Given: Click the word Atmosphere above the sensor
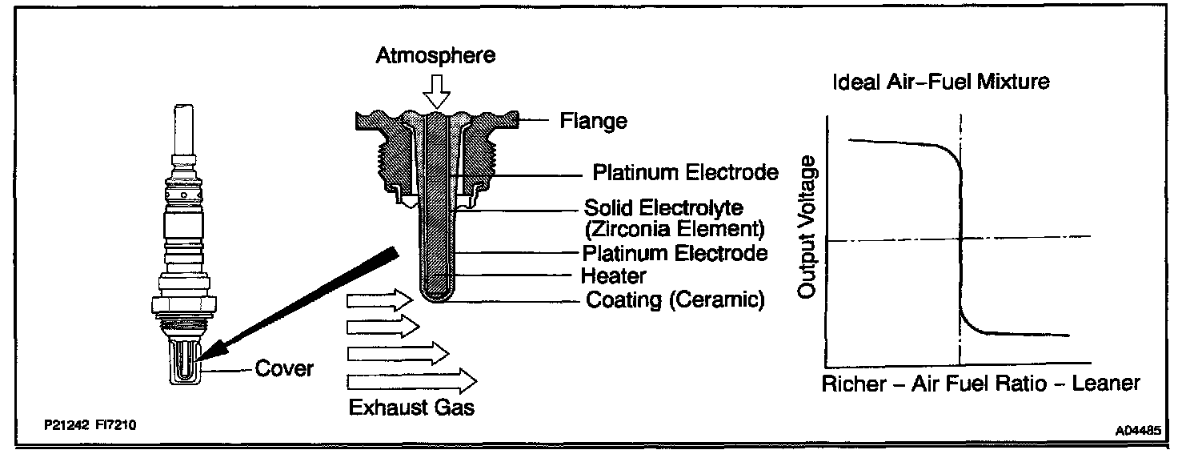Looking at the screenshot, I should [x=436, y=56].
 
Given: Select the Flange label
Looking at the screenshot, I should [x=594, y=122].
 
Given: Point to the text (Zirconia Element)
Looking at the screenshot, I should [x=675, y=230].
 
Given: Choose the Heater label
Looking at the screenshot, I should [x=614, y=276].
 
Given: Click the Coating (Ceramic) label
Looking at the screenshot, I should [x=675, y=300].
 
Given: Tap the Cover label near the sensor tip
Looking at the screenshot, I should [x=284, y=369].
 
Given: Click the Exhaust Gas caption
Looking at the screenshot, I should [x=411, y=408].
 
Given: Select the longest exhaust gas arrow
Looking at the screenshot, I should [x=412, y=380].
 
